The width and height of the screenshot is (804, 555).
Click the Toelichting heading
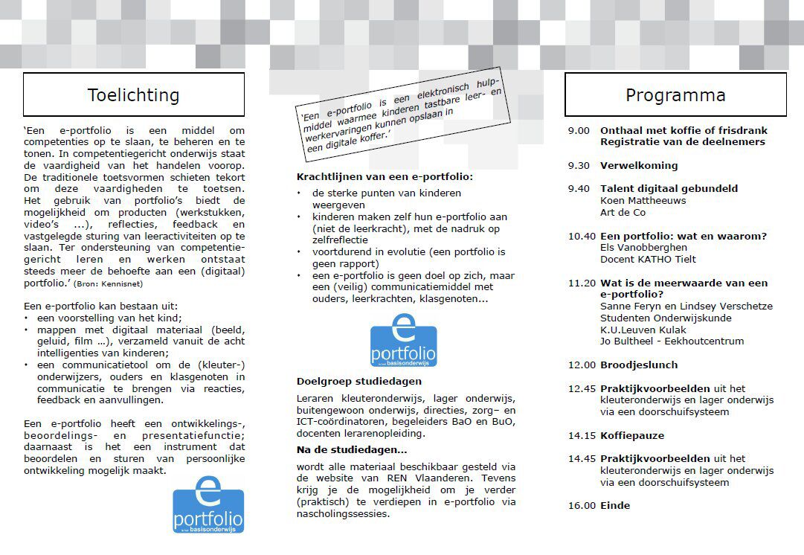tap(133, 95)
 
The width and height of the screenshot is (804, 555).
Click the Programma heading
tap(675, 95)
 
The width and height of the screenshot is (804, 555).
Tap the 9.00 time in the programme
tap(579, 130)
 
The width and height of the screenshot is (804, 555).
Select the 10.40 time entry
tap(582, 236)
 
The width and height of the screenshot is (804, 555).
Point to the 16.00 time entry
tap(582, 505)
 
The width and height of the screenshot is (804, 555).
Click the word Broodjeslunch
tap(639, 365)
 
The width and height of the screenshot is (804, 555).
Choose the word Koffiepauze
tap(632, 435)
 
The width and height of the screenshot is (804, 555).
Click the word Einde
tap(615, 505)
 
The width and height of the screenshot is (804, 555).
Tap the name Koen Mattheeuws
tap(643, 200)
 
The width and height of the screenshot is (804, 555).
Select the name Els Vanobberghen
tap(643, 248)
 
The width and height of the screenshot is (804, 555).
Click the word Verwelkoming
tap(639, 165)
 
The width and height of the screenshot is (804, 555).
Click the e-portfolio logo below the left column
tap(208, 505)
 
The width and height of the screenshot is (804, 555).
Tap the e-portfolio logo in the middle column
tap(403, 341)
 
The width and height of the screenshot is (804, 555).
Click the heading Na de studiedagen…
tap(352, 449)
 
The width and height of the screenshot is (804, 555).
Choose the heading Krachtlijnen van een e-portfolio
tap(385, 177)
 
